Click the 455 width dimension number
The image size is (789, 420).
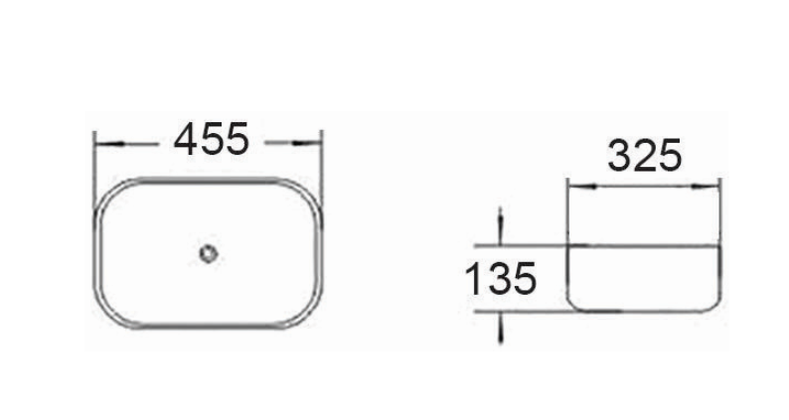(x=212, y=139)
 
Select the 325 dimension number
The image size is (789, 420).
(x=645, y=156)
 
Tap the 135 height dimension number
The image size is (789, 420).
(x=500, y=278)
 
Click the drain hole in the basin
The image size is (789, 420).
(x=209, y=253)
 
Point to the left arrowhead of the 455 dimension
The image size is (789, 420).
(x=109, y=144)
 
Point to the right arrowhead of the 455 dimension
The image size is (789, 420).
(x=306, y=143)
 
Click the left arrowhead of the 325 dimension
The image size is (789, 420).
(x=582, y=187)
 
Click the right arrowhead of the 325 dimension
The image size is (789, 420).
(x=706, y=187)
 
